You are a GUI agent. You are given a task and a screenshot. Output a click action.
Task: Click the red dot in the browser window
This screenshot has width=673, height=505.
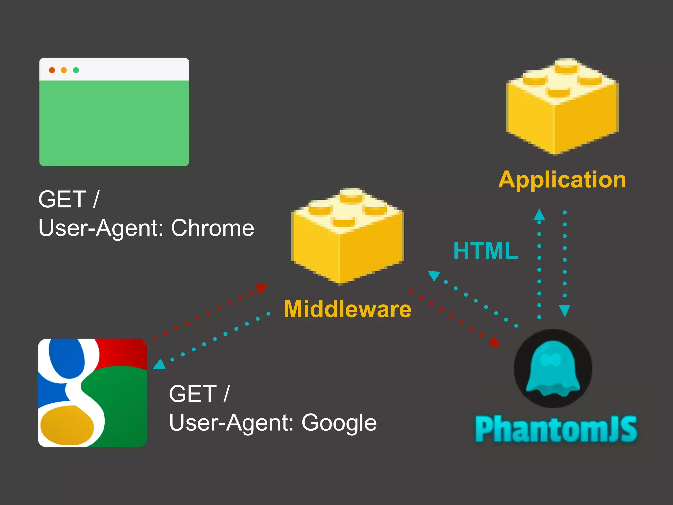click(x=52, y=70)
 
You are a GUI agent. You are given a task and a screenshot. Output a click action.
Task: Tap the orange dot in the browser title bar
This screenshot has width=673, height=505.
click(x=64, y=70)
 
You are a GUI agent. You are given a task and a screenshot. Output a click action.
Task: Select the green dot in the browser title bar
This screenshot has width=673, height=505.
click(x=76, y=70)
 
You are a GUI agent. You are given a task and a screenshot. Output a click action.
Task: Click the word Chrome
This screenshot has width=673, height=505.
click(x=212, y=228)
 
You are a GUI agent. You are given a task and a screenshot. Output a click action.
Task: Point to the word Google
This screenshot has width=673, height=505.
click(x=339, y=422)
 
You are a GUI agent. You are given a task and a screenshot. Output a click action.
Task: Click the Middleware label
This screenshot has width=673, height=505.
click(x=347, y=309)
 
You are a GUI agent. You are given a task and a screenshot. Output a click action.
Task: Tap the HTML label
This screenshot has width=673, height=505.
click(x=485, y=251)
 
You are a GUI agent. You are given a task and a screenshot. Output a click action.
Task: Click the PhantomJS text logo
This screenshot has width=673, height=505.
click(x=556, y=429)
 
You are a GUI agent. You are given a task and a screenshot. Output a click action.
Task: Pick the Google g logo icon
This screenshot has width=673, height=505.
click(x=92, y=393)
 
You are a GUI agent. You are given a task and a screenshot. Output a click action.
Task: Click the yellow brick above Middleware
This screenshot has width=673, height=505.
click(x=347, y=235)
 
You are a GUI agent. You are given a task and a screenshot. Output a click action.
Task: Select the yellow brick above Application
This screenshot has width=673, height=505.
click(x=562, y=106)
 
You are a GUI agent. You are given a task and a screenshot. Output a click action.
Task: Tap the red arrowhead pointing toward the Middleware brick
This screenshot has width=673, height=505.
click(x=261, y=288)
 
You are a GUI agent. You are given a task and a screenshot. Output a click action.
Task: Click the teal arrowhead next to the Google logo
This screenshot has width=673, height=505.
click(x=160, y=364)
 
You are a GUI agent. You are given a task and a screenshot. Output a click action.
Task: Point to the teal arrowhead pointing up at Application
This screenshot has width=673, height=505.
click(x=539, y=215)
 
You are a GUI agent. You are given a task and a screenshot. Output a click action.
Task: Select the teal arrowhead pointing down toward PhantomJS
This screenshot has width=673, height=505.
click(x=565, y=310)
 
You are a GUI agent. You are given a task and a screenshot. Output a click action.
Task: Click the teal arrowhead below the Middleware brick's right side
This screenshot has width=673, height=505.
click(x=434, y=275)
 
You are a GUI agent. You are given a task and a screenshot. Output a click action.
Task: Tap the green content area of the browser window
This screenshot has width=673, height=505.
click(x=114, y=123)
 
